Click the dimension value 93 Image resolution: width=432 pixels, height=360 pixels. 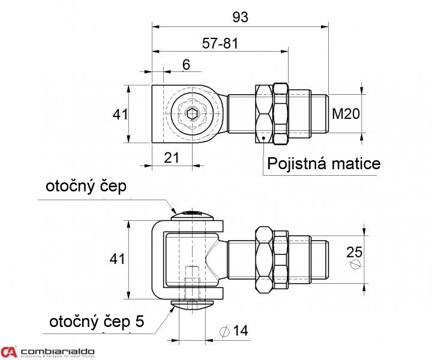point(240,17)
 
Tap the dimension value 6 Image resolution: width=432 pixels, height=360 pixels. point(186,65)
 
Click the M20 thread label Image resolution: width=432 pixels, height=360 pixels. point(345,113)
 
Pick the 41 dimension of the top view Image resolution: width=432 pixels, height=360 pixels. point(121,114)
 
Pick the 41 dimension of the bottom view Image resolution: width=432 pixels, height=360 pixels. point(118,259)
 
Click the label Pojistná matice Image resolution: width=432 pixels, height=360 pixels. point(323,164)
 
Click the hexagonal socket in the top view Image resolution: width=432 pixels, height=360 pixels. point(191,113)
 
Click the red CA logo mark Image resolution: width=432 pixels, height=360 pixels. point(9,352)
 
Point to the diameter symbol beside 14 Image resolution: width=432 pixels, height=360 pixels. point(225,331)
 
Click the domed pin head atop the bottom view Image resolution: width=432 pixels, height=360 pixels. point(191,214)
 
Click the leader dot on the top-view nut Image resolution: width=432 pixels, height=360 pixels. point(263,139)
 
